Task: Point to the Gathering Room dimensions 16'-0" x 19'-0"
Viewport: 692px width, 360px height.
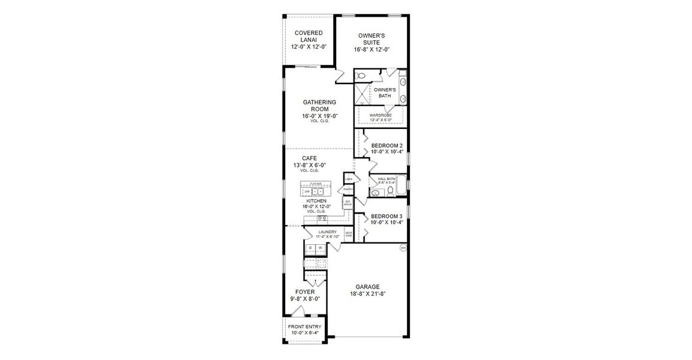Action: click(x=319, y=116)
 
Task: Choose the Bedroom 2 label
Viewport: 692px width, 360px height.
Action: click(x=387, y=146)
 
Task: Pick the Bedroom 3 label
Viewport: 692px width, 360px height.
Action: click(x=387, y=216)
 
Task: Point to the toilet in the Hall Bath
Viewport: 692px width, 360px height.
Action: click(x=390, y=191)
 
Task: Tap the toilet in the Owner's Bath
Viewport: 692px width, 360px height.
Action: click(x=361, y=76)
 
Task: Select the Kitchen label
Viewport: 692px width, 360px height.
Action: click(x=316, y=201)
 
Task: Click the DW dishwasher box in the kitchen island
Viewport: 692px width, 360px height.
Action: click(x=307, y=191)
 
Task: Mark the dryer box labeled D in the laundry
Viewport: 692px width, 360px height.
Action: click(x=311, y=248)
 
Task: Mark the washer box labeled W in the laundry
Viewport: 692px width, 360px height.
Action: click(x=320, y=248)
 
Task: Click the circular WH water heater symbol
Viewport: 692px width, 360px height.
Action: click(x=403, y=247)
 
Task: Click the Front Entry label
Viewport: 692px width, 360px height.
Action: click(x=304, y=327)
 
